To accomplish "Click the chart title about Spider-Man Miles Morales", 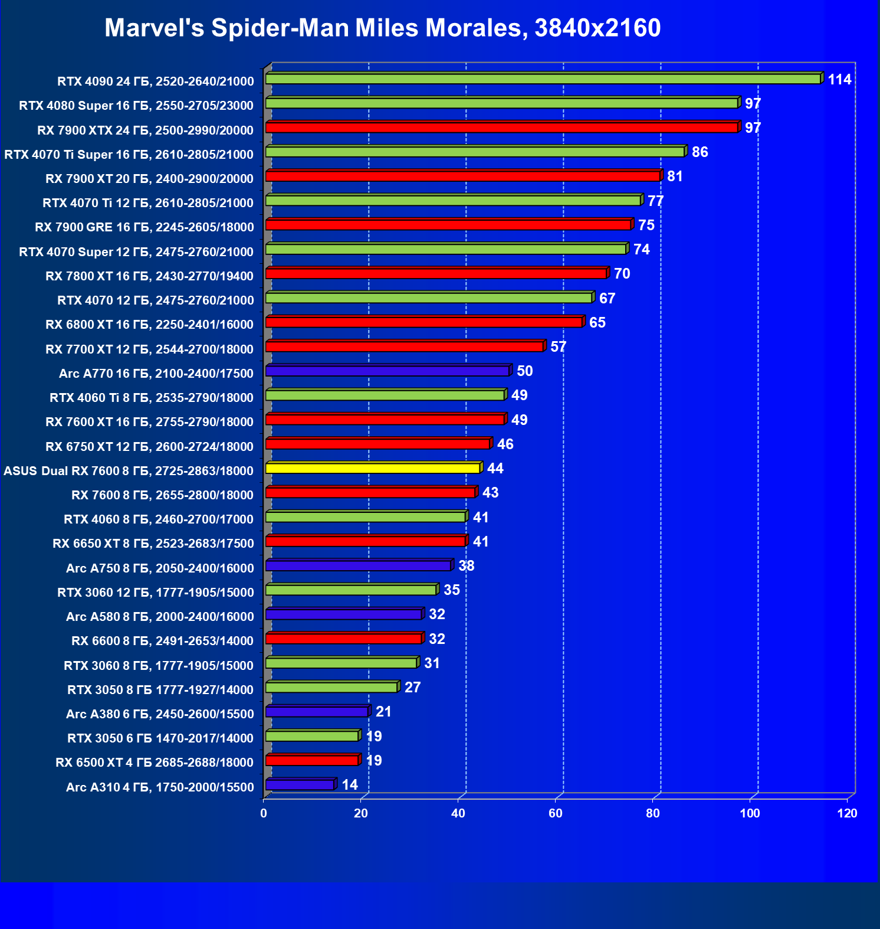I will pos(382,28).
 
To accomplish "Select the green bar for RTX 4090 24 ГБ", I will pos(543,79).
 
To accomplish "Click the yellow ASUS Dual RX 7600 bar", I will pos(373,468).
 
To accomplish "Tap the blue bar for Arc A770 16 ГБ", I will pos(388,371).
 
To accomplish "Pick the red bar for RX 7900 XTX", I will pos(501,127).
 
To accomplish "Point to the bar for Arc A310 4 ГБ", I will pos(300,785).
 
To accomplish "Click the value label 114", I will pos(839,80).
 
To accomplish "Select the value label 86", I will pos(700,152).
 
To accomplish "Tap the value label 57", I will pos(558,347).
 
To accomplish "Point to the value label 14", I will pos(350,785).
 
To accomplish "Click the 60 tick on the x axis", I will pos(556,813).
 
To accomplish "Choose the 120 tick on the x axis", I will pos(847,813).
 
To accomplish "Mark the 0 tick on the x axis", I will pos(264,813).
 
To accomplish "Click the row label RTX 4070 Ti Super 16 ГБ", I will pos(129,155).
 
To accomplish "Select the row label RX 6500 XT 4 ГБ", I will pos(155,763).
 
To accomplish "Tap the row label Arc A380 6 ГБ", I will pos(160,714).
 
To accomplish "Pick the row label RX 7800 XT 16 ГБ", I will pos(149,276).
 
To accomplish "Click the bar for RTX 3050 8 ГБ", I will pos(331,688).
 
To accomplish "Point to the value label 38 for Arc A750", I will pos(466,566).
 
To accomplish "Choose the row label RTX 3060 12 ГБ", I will pos(155,593).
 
